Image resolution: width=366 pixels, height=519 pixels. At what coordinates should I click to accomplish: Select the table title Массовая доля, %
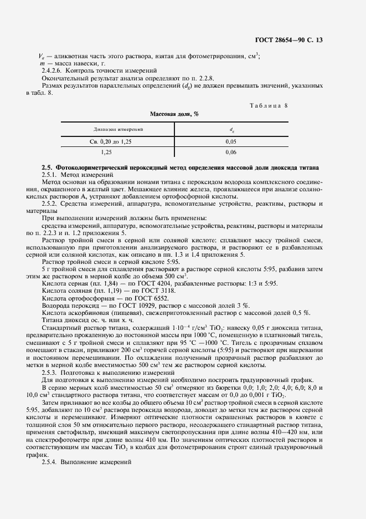tap(174, 114)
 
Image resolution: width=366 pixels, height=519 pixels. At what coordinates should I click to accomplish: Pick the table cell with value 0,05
tap(231, 142)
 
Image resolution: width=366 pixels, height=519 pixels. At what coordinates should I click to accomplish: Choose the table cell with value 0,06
tap(231, 151)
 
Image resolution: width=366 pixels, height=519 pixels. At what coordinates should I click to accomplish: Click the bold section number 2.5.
tap(47, 167)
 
